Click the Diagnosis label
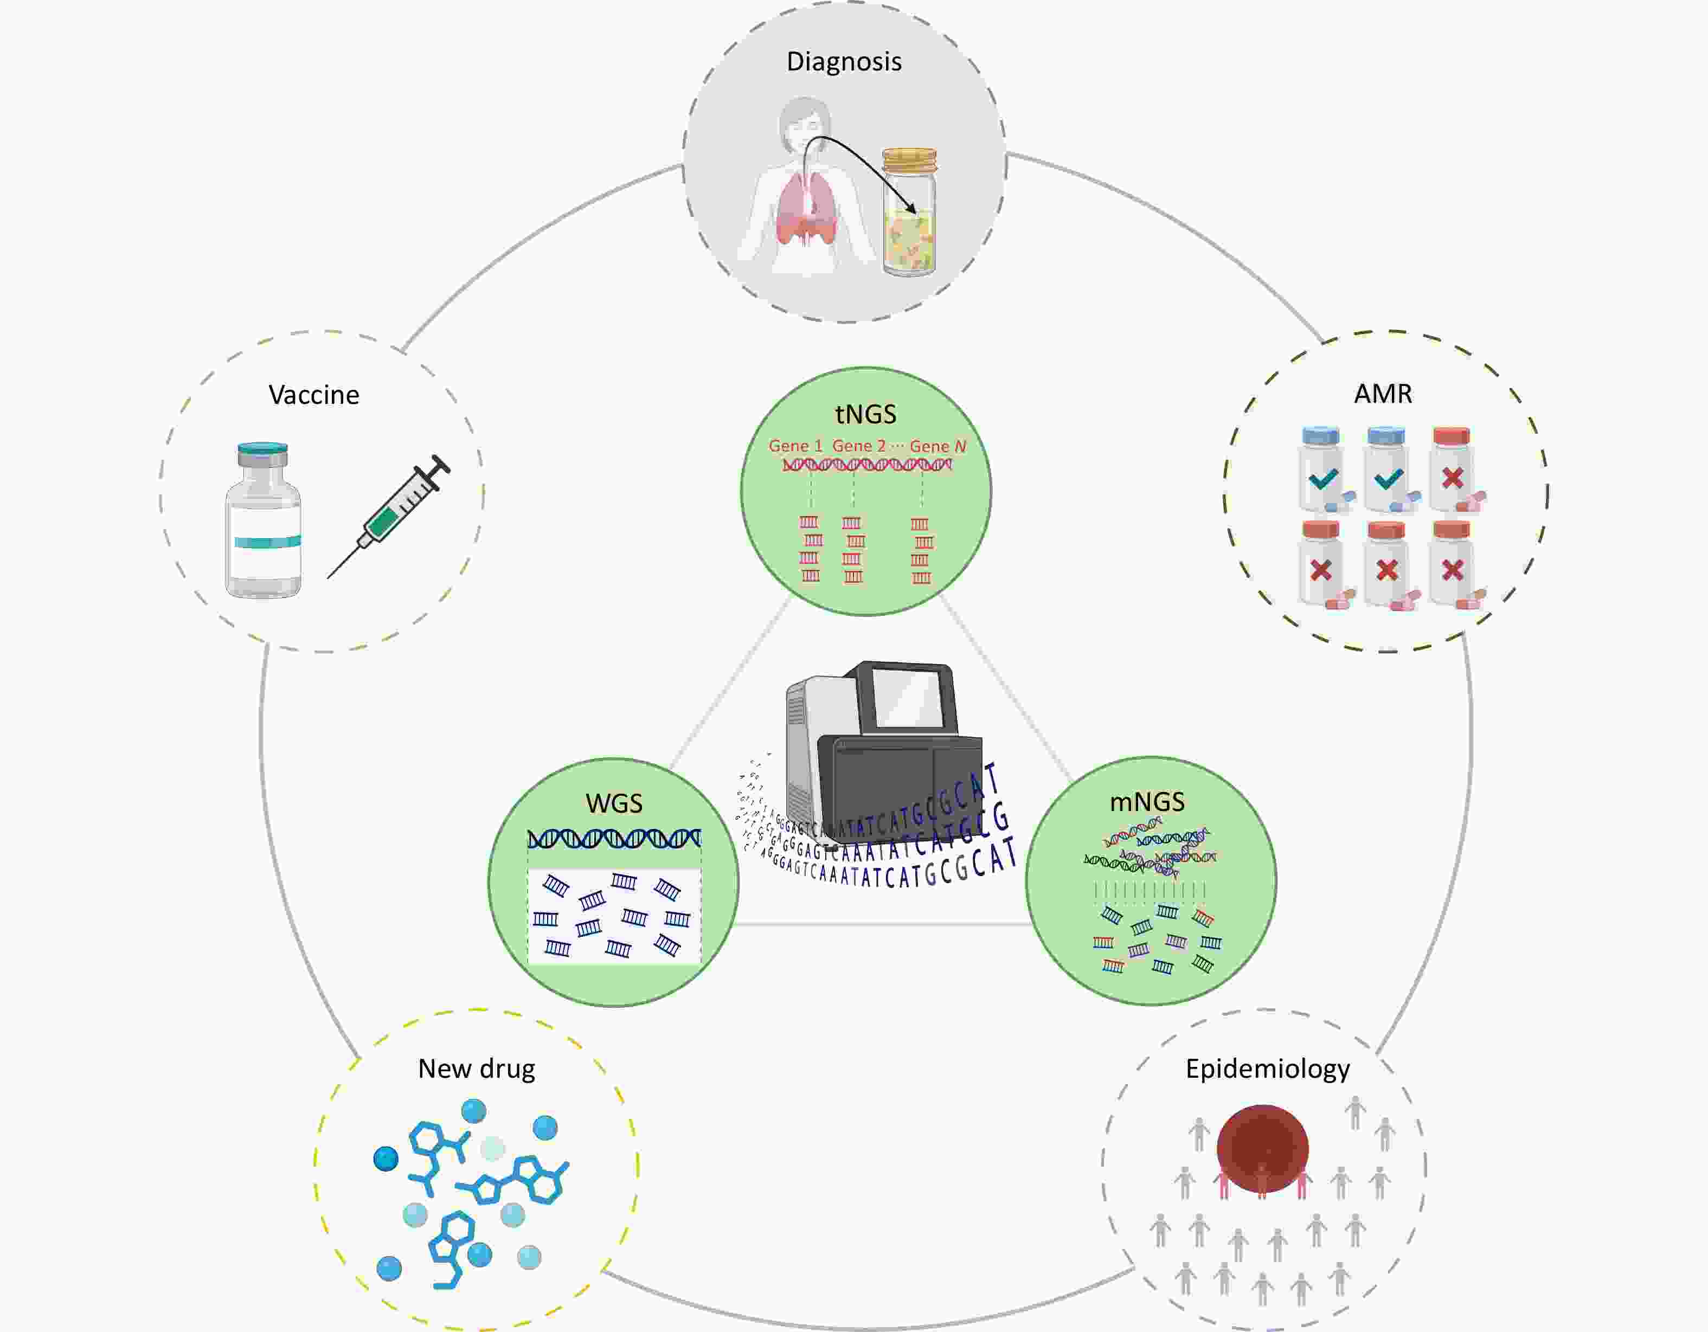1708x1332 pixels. coord(844,62)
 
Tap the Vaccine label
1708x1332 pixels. coord(313,395)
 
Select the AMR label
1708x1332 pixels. coord(1383,393)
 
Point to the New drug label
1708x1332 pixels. coord(476,1068)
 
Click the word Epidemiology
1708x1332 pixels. coord(1267,1068)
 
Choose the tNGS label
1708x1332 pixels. coord(865,414)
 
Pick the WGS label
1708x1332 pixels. coord(614,803)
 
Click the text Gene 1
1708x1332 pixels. coord(795,446)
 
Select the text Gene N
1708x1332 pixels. coord(938,446)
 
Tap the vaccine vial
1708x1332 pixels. coord(264,522)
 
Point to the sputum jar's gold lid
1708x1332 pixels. coord(909,159)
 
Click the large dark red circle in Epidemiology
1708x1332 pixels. coord(1262,1148)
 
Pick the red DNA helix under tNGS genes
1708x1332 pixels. coord(866,465)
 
